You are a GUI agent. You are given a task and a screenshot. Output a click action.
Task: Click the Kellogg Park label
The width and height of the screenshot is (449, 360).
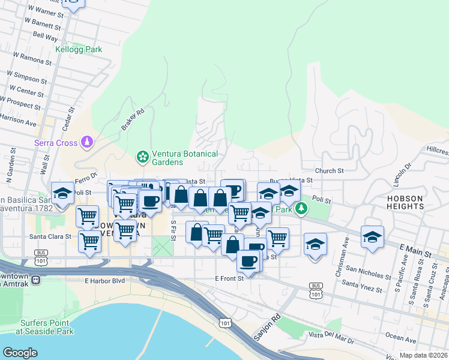point(78,50)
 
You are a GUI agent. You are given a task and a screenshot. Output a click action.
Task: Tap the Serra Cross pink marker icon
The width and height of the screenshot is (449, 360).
point(88,142)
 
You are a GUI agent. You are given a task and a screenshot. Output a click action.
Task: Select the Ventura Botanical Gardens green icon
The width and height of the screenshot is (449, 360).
point(143,157)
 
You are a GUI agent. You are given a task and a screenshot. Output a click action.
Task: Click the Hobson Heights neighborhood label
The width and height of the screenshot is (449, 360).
point(414,202)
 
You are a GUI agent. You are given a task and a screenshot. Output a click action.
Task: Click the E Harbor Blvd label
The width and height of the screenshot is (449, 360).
point(104,280)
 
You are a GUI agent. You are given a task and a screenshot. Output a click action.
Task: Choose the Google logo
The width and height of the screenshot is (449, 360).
point(20,353)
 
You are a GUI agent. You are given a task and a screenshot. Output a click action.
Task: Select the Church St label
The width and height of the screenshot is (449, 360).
point(329,170)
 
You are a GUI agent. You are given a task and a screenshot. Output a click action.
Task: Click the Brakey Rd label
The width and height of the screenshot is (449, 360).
point(133,119)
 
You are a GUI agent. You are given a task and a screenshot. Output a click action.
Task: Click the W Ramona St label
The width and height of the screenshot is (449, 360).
point(32,58)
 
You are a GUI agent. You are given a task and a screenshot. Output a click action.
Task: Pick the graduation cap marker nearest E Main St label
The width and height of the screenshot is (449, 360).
point(372,237)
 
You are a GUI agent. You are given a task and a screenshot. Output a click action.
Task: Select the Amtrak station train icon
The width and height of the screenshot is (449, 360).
point(36,280)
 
